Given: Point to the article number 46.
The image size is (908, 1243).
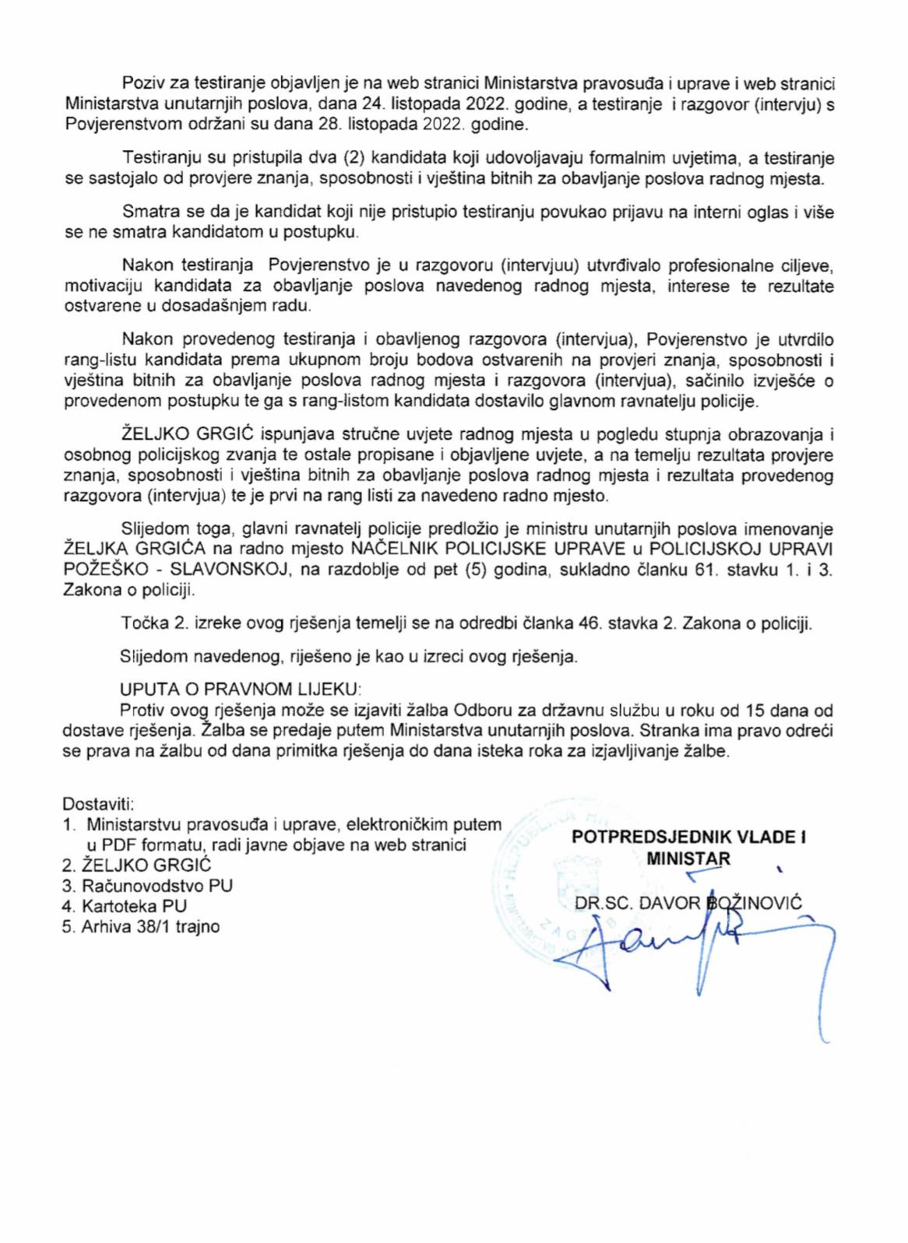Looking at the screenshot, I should (588, 623).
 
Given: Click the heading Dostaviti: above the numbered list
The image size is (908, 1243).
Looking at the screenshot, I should (98, 804).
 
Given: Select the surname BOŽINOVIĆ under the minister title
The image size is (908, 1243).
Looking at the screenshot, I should (753, 903).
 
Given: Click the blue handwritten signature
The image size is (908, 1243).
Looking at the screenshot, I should (685, 946).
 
